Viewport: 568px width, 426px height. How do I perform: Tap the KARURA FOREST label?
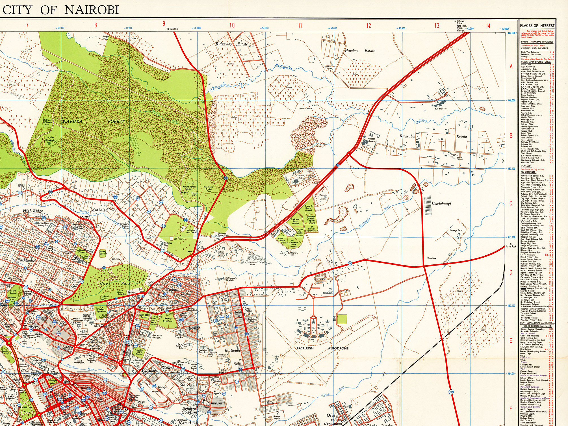93,121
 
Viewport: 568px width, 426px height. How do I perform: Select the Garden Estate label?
360,51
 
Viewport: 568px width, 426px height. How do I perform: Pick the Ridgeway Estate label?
231,44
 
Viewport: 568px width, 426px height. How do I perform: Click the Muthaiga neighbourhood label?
99,210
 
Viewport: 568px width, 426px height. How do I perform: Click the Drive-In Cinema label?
323,197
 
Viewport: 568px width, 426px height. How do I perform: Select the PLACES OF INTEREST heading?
537,26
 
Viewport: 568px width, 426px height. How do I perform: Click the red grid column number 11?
300,26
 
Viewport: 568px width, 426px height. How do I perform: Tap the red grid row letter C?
511,203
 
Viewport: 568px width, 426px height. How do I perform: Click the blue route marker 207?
451,392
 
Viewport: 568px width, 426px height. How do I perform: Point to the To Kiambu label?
172,29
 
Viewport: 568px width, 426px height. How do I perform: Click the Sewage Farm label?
456,230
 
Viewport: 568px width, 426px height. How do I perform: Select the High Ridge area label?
33,211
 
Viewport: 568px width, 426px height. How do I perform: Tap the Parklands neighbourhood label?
26,260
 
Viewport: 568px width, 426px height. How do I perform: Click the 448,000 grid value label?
511,100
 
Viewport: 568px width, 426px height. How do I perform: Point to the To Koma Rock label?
511,245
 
